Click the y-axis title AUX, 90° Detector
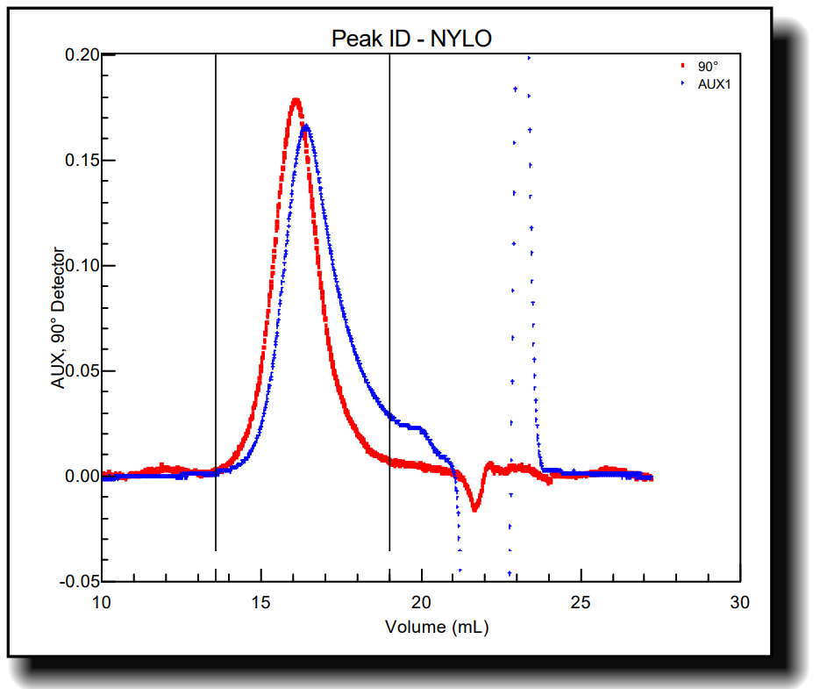[59, 318]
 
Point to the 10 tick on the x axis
[103, 602]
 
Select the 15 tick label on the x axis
[262, 602]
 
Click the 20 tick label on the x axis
[422, 602]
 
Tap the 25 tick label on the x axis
[581, 602]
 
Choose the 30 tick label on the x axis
[741, 602]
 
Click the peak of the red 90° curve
[296, 100]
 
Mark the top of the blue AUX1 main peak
[306, 126]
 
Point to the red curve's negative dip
[474, 508]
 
